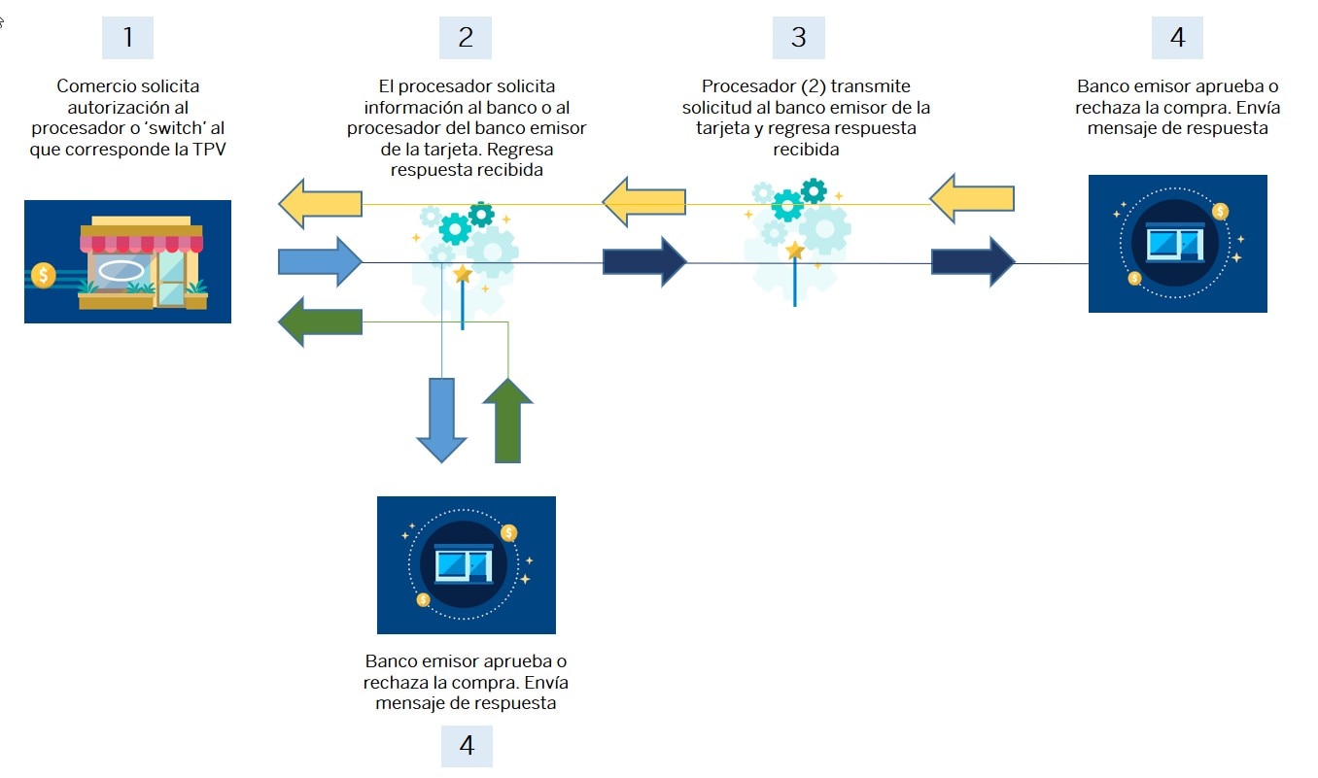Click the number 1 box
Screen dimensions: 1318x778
127,38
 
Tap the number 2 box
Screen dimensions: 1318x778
466,38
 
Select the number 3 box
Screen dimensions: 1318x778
798,38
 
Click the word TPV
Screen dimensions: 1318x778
209,150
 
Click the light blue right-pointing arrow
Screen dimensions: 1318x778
320,261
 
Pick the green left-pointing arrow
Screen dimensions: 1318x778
320,321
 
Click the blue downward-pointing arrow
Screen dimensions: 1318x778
442,421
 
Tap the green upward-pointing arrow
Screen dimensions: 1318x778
507,421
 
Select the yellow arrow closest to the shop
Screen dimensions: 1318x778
320,203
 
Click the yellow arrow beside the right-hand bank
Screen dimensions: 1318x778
972,199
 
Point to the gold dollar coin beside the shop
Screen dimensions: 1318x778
44,275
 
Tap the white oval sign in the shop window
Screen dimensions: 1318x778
121,271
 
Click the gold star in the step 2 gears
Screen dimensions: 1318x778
463,274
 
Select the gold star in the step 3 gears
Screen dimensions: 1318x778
795,251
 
